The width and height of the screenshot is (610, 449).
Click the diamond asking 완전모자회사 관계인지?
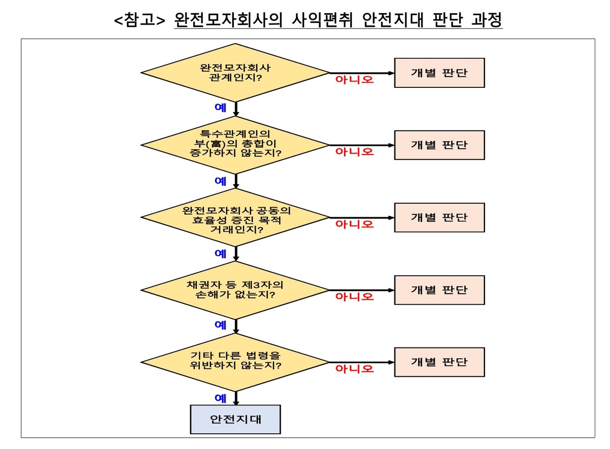pyautogui.click(x=235, y=73)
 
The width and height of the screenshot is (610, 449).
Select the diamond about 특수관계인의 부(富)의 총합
pyautogui.click(x=235, y=145)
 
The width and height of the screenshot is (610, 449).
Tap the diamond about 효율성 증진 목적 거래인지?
pyautogui.click(x=235, y=218)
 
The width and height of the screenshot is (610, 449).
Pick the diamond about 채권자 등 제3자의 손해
pyautogui.click(x=235, y=290)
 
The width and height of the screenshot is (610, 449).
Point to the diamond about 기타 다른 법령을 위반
pyautogui.click(x=235, y=363)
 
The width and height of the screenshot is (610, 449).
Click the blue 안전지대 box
pyautogui.click(x=235, y=420)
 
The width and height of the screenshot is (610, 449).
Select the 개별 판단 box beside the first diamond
pyautogui.click(x=440, y=73)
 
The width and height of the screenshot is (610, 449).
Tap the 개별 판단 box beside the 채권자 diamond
pyautogui.click(x=440, y=290)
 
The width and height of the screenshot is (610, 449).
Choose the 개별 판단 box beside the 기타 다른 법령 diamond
pyautogui.click(x=440, y=362)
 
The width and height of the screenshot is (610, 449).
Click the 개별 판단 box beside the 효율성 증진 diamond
pyautogui.click(x=440, y=218)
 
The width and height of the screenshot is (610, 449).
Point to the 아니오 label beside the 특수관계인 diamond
pyautogui.click(x=355, y=152)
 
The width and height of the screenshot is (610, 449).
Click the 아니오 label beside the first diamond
pyautogui.click(x=355, y=80)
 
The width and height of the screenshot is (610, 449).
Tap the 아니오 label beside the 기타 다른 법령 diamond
pyautogui.click(x=355, y=369)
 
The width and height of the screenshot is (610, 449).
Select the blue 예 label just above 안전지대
pyautogui.click(x=221, y=398)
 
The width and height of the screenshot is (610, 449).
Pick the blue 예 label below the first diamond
pyautogui.click(x=221, y=108)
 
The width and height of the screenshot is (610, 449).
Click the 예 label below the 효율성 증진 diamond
pyautogui.click(x=221, y=253)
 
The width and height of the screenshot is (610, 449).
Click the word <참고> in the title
pyautogui.click(x=140, y=20)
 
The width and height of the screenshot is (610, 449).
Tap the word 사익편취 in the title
pyautogui.click(x=322, y=20)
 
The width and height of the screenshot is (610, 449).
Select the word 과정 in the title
pyautogui.click(x=486, y=20)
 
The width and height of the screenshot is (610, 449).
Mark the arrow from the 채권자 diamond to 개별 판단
pyautogui.click(x=362, y=291)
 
